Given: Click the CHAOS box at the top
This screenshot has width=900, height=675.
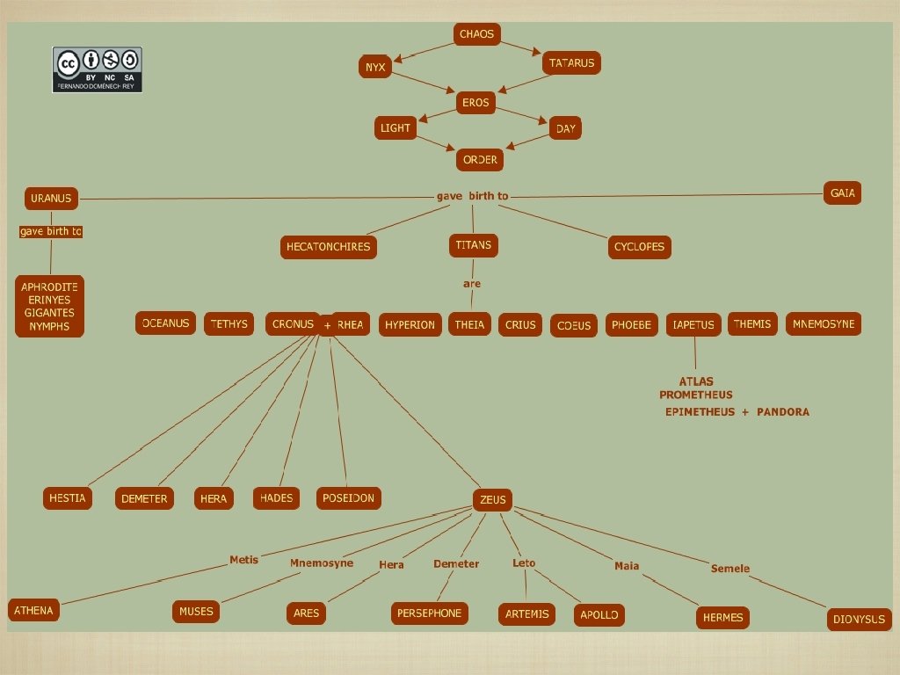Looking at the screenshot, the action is click(x=477, y=34).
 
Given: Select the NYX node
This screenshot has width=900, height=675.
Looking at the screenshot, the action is click(x=375, y=67).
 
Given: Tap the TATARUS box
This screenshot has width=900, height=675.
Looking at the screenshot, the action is click(x=572, y=63).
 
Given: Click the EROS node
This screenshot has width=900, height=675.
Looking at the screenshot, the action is click(x=475, y=104).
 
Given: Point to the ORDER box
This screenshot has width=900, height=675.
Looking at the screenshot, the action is click(x=480, y=160).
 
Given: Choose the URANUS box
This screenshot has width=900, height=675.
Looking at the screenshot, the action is click(x=51, y=199).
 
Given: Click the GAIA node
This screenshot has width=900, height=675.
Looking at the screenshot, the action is click(x=842, y=193).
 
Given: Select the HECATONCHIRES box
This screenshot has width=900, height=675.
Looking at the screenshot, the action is click(x=329, y=247).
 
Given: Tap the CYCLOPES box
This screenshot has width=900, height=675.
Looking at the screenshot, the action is click(x=639, y=247).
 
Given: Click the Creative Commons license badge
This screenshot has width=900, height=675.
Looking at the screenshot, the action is click(x=98, y=69).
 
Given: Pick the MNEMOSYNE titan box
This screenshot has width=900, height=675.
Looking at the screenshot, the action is click(x=824, y=324).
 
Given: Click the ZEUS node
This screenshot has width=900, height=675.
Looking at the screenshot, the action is click(x=493, y=500).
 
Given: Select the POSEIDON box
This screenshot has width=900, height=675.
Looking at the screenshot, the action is click(x=348, y=498).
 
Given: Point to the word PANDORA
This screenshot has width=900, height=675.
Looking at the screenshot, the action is click(x=782, y=411).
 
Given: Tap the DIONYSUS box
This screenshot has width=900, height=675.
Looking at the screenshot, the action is click(x=859, y=620).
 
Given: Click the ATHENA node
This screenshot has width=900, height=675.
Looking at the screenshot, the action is click(x=33, y=611).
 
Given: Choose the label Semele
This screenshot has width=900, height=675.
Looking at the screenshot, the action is click(x=730, y=569).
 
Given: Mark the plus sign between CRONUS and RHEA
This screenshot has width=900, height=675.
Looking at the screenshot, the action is click(x=327, y=326).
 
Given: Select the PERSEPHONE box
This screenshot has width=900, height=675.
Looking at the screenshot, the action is click(x=429, y=613).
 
